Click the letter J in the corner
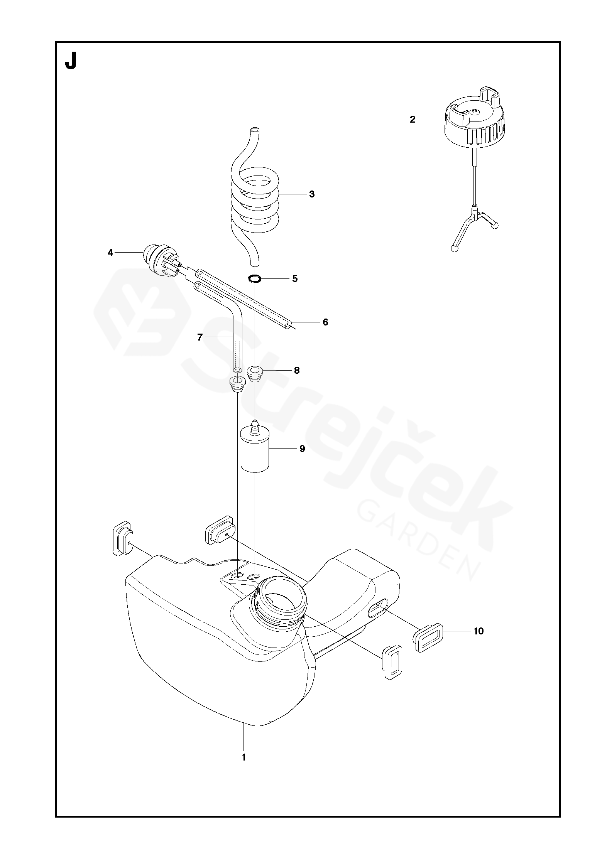(x=71, y=61)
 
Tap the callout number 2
(x=413, y=120)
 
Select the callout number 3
(x=312, y=194)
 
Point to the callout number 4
(x=111, y=253)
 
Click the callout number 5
(x=295, y=278)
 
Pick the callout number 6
(x=325, y=322)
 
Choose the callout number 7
(x=200, y=337)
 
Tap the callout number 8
(x=296, y=371)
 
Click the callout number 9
(x=302, y=449)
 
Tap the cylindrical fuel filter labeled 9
(x=254, y=450)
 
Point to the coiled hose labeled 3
(x=255, y=201)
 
